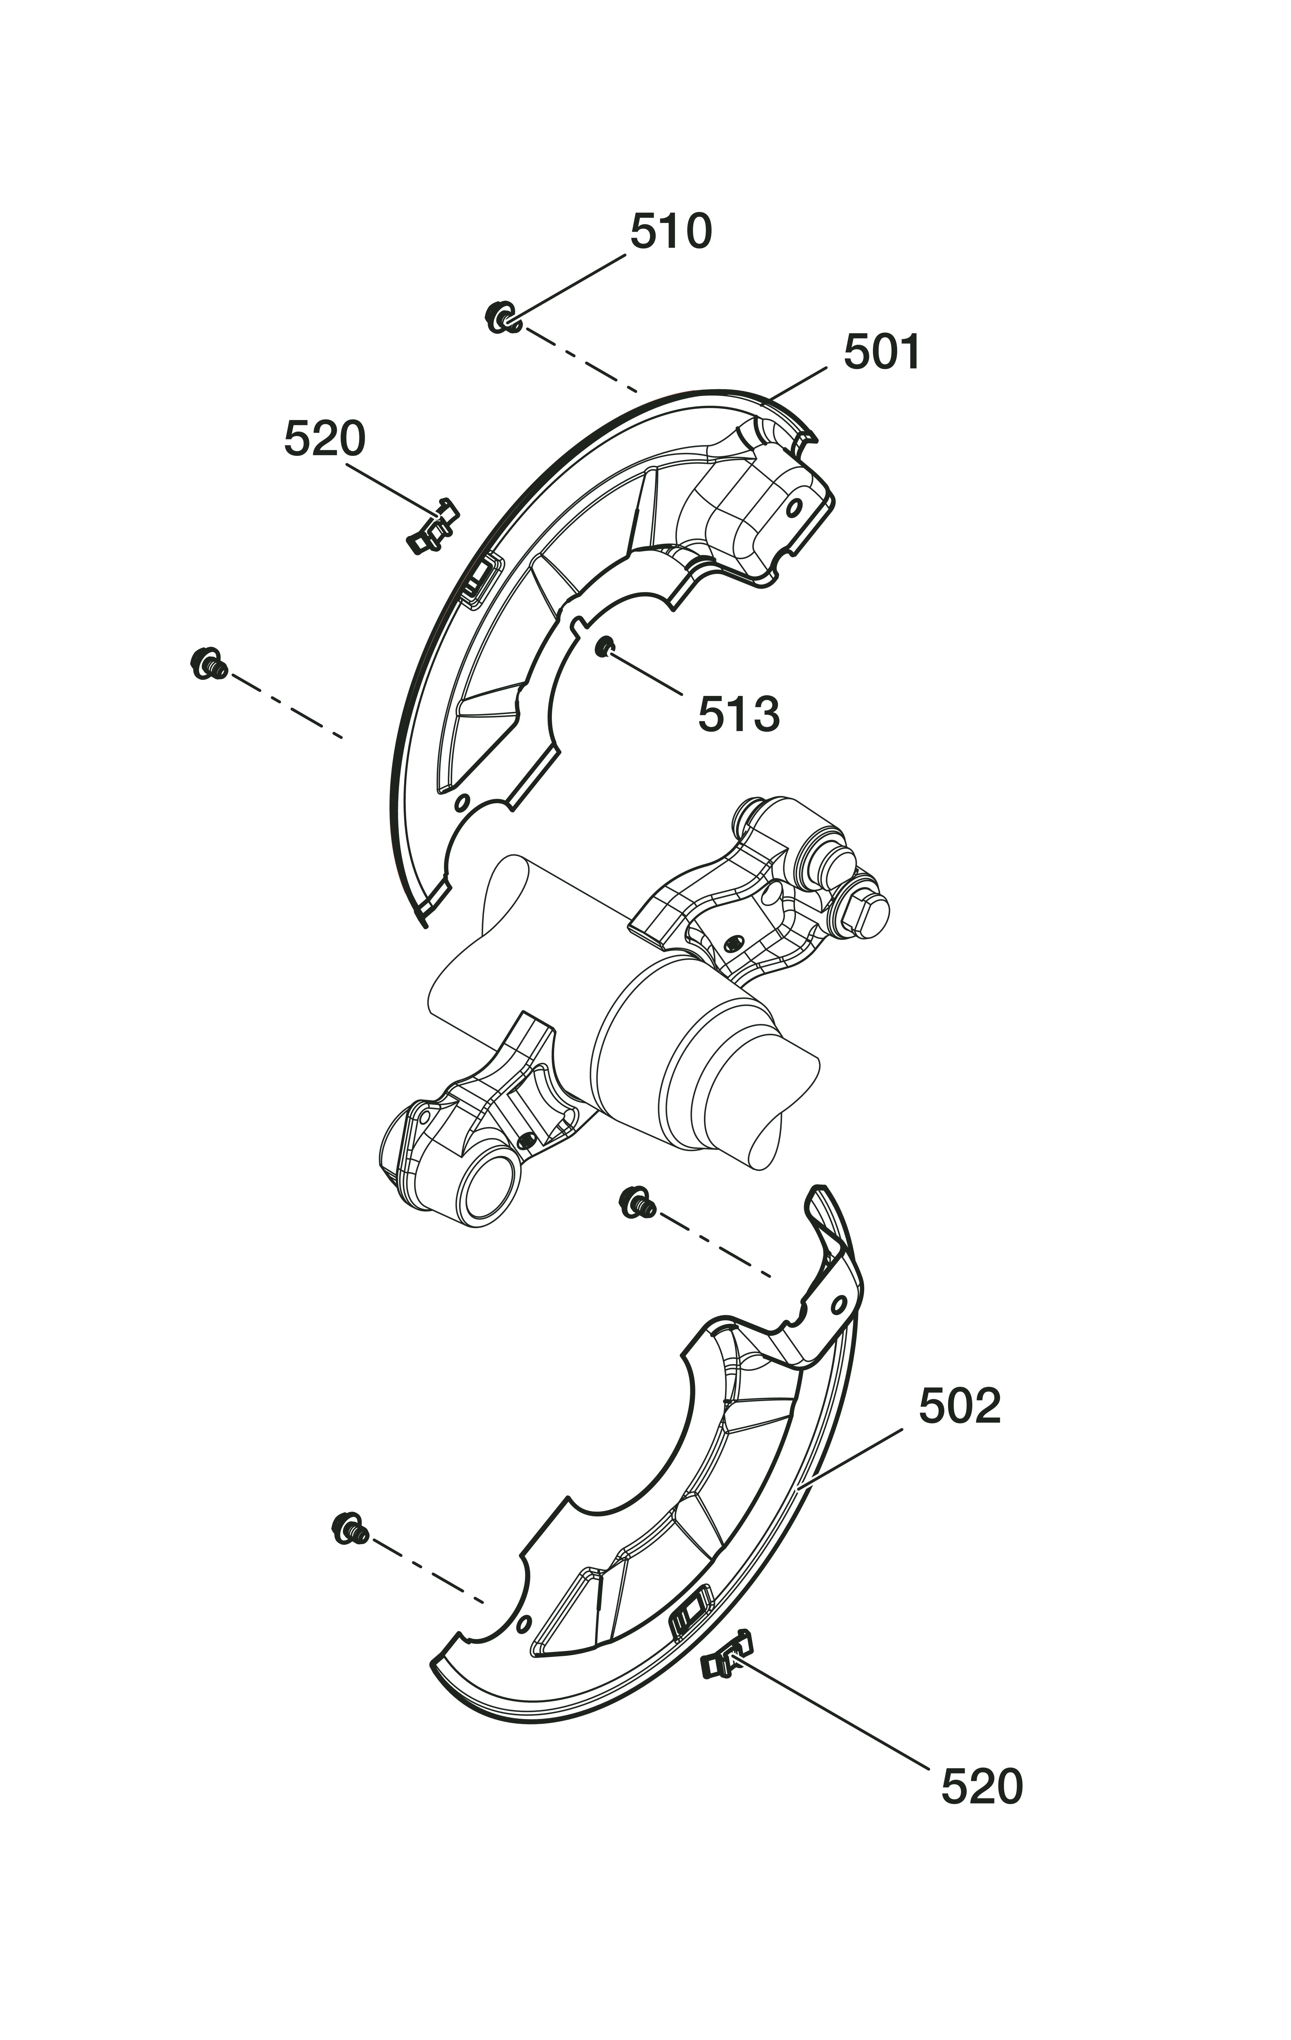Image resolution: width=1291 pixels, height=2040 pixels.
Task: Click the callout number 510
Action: click(671, 231)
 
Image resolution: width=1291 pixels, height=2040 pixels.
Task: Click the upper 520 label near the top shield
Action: click(324, 439)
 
